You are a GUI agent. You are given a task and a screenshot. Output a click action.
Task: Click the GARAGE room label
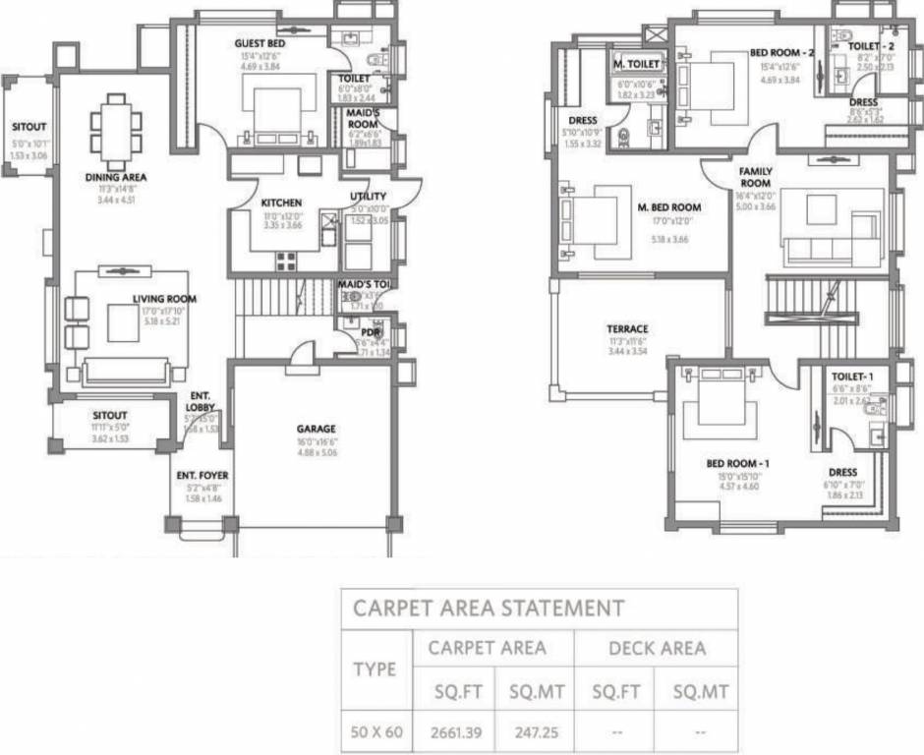tap(317, 429)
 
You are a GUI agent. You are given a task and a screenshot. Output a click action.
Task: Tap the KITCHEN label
tap(281, 203)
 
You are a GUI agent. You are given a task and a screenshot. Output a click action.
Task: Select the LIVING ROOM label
tap(165, 299)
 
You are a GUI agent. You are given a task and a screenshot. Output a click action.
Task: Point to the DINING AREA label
tap(115, 178)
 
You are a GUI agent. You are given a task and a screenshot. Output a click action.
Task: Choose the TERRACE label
tap(627, 329)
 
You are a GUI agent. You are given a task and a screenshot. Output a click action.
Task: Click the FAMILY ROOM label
tap(755, 177)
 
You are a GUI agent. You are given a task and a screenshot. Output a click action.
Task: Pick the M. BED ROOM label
tap(669, 207)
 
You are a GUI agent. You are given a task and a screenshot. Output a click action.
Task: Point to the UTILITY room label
tap(368, 197)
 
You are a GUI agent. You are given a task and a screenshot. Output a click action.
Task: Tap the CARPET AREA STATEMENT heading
tap(489, 608)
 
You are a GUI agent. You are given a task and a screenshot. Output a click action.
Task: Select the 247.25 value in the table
tap(536, 731)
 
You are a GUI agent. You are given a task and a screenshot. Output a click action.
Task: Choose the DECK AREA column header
tap(657, 648)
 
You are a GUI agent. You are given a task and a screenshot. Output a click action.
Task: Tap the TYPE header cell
tap(375, 669)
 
